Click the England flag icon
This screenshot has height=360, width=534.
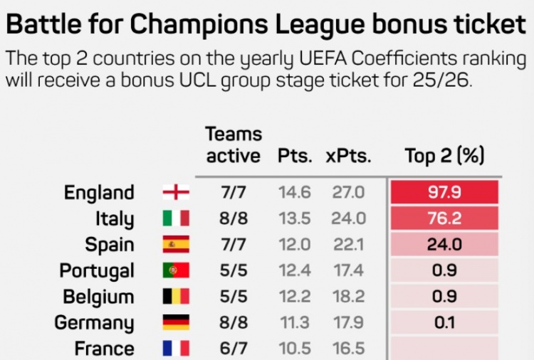[x=176, y=192]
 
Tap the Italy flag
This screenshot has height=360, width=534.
[x=176, y=218]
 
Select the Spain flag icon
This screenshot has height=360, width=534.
[x=176, y=245]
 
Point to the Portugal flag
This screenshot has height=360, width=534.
[x=176, y=270]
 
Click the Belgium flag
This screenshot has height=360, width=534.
[x=176, y=297]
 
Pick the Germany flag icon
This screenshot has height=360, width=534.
[x=176, y=322]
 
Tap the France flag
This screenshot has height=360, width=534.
[x=176, y=348]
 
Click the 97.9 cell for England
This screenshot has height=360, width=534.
[x=444, y=193]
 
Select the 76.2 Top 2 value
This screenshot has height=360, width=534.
[x=444, y=218]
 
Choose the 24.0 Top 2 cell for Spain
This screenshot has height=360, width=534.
[x=444, y=245]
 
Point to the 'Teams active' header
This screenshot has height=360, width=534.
[x=234, y=144]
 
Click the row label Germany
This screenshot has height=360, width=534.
[x=94, y=323]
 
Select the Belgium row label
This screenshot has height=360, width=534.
[x=98, y=297]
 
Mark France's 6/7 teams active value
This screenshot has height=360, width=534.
[x=234, y=349]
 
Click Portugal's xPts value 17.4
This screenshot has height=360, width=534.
[x=348, y=270]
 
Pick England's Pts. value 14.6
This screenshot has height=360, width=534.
[x=294, y=193]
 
